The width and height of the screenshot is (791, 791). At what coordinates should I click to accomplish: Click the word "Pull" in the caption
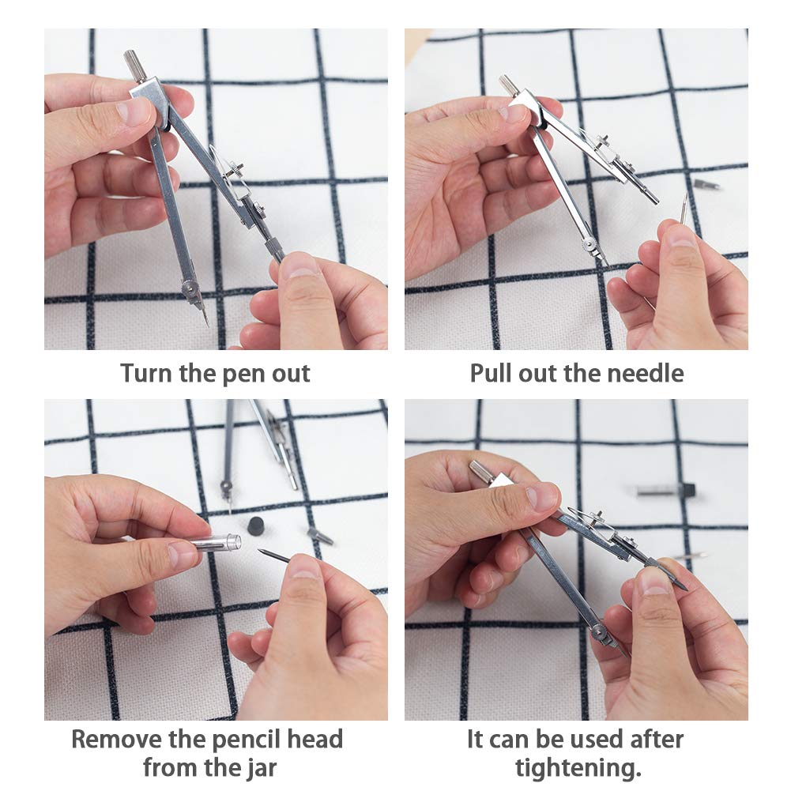492,373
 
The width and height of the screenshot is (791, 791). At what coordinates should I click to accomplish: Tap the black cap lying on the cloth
256,525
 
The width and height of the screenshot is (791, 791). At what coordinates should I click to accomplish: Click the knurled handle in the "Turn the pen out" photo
134,65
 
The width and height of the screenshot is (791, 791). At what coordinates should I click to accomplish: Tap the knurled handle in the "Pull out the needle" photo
508,85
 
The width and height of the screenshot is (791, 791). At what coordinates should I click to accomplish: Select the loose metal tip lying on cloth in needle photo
706,184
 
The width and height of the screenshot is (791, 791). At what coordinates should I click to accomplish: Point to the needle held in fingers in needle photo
683,209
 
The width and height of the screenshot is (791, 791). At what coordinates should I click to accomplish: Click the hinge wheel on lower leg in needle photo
589,247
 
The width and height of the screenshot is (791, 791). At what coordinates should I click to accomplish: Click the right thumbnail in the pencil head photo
305,567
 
